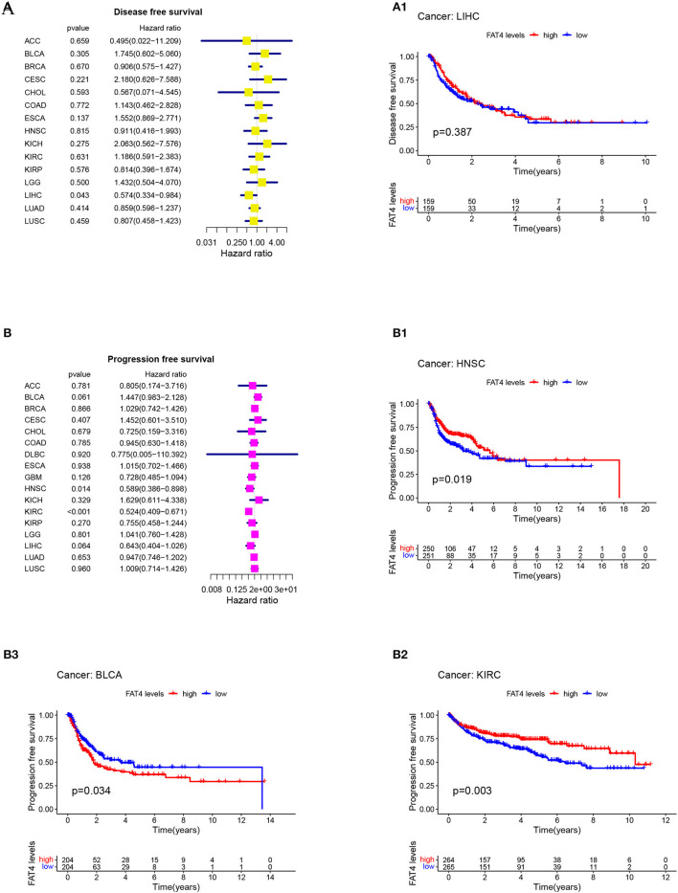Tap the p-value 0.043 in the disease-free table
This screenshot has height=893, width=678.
78,195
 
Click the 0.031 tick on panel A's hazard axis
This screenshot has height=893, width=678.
208,243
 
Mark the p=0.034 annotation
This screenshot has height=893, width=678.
93,791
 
